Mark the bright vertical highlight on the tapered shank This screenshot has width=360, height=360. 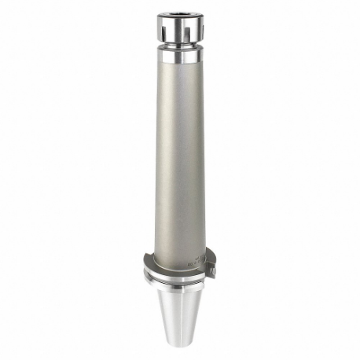(186, 314)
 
